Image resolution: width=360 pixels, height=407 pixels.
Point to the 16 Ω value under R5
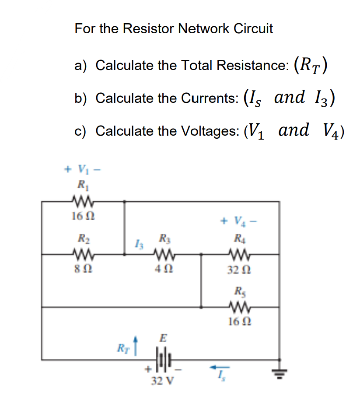pos(239,321)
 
